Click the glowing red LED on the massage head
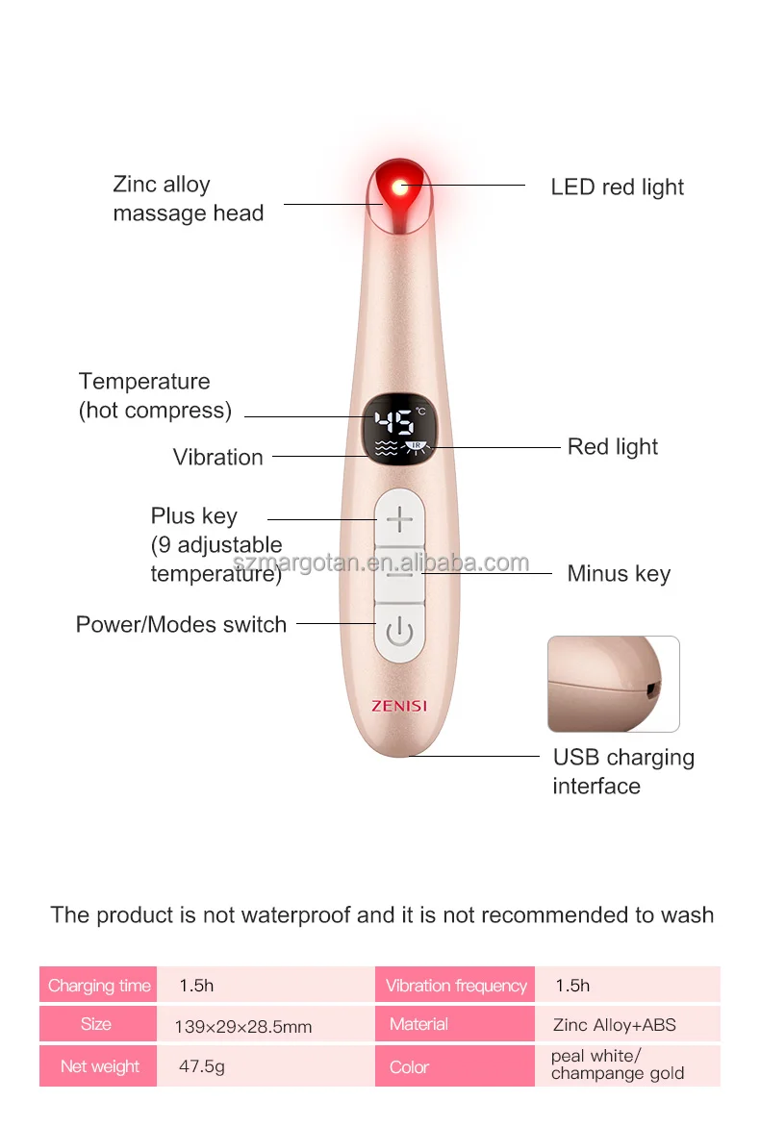pyautogui.click(x=400, y=186)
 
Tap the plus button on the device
pyautogui.click(x=399, y=520)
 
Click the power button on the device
pyautogui.click(x=399, y=633)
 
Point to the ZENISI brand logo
pyautogui.click(x=399, y=706)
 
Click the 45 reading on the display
pyautogui.click(x=394, y=422)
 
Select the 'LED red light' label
pyautogui.click(x=617, y=187)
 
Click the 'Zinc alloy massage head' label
pyautogui.click(x=188, y=199)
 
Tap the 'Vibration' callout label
pyautogui.click(x=217, y=457)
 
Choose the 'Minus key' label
pyautogui.click(x=619, y=574)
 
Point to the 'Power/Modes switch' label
pyautogui.click(x=181, y=624)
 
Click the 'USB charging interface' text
pyautogui.click(x=622, y=771)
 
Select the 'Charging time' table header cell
pyautogui.click(x=99, y=986)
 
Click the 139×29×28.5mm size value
pyautogui.click(x=243, y=1026)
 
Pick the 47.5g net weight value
pyautogui.click(x=202, y=1066)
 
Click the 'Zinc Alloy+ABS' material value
pyautogui.click(x=614, y=1024)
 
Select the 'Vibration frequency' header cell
pyautogui.click(x=456, y=986)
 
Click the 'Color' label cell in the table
pyautogui.click(x=409, y=1066)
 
